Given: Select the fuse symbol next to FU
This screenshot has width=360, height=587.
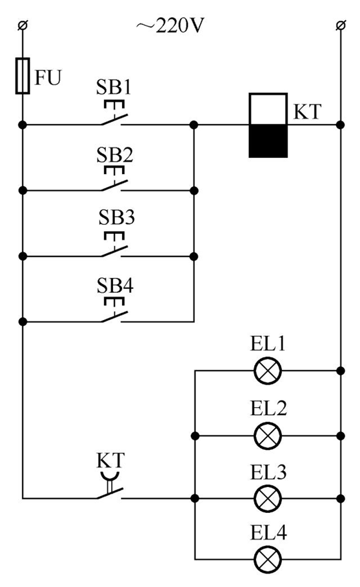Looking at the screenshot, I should (23, 75).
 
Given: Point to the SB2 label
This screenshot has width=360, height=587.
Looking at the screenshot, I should (115, 155).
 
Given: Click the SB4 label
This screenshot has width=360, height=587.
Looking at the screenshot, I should (115, 286).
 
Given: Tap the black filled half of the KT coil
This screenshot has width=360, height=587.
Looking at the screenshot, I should (268, 141).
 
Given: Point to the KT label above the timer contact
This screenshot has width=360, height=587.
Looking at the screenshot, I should (111, 460).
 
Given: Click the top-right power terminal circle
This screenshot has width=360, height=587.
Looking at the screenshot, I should (340, 26).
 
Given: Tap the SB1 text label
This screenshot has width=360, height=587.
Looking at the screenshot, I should (115, 87).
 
